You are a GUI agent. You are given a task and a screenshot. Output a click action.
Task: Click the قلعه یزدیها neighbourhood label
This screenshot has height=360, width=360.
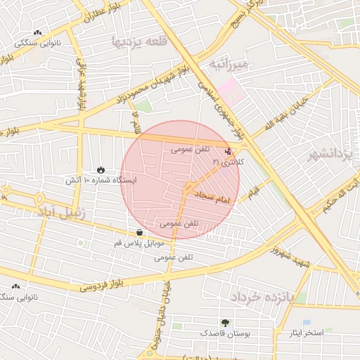(140, 42)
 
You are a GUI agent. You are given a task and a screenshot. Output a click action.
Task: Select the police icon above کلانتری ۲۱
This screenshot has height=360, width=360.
(227, 150)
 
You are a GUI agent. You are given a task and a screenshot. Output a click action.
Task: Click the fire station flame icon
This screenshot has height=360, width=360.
(101, 169)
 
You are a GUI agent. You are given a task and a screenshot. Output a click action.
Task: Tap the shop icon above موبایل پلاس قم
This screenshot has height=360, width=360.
(139, 232)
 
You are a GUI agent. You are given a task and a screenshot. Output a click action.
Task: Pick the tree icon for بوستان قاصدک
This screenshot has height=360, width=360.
(225, 321)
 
